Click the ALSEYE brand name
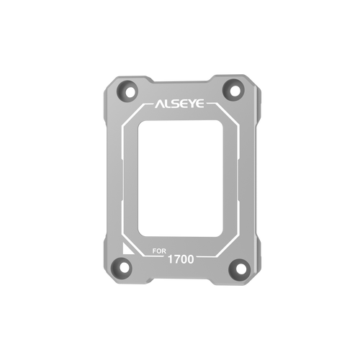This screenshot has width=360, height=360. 179,104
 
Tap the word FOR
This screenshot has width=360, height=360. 159,251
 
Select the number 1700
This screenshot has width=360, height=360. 181,259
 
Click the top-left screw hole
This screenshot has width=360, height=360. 130,92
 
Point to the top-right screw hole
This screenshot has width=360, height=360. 235,91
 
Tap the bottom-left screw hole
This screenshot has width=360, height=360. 125,268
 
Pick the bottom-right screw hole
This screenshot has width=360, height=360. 240,269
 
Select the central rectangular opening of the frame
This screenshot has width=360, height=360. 180,179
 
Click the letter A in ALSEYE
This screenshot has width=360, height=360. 159,104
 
